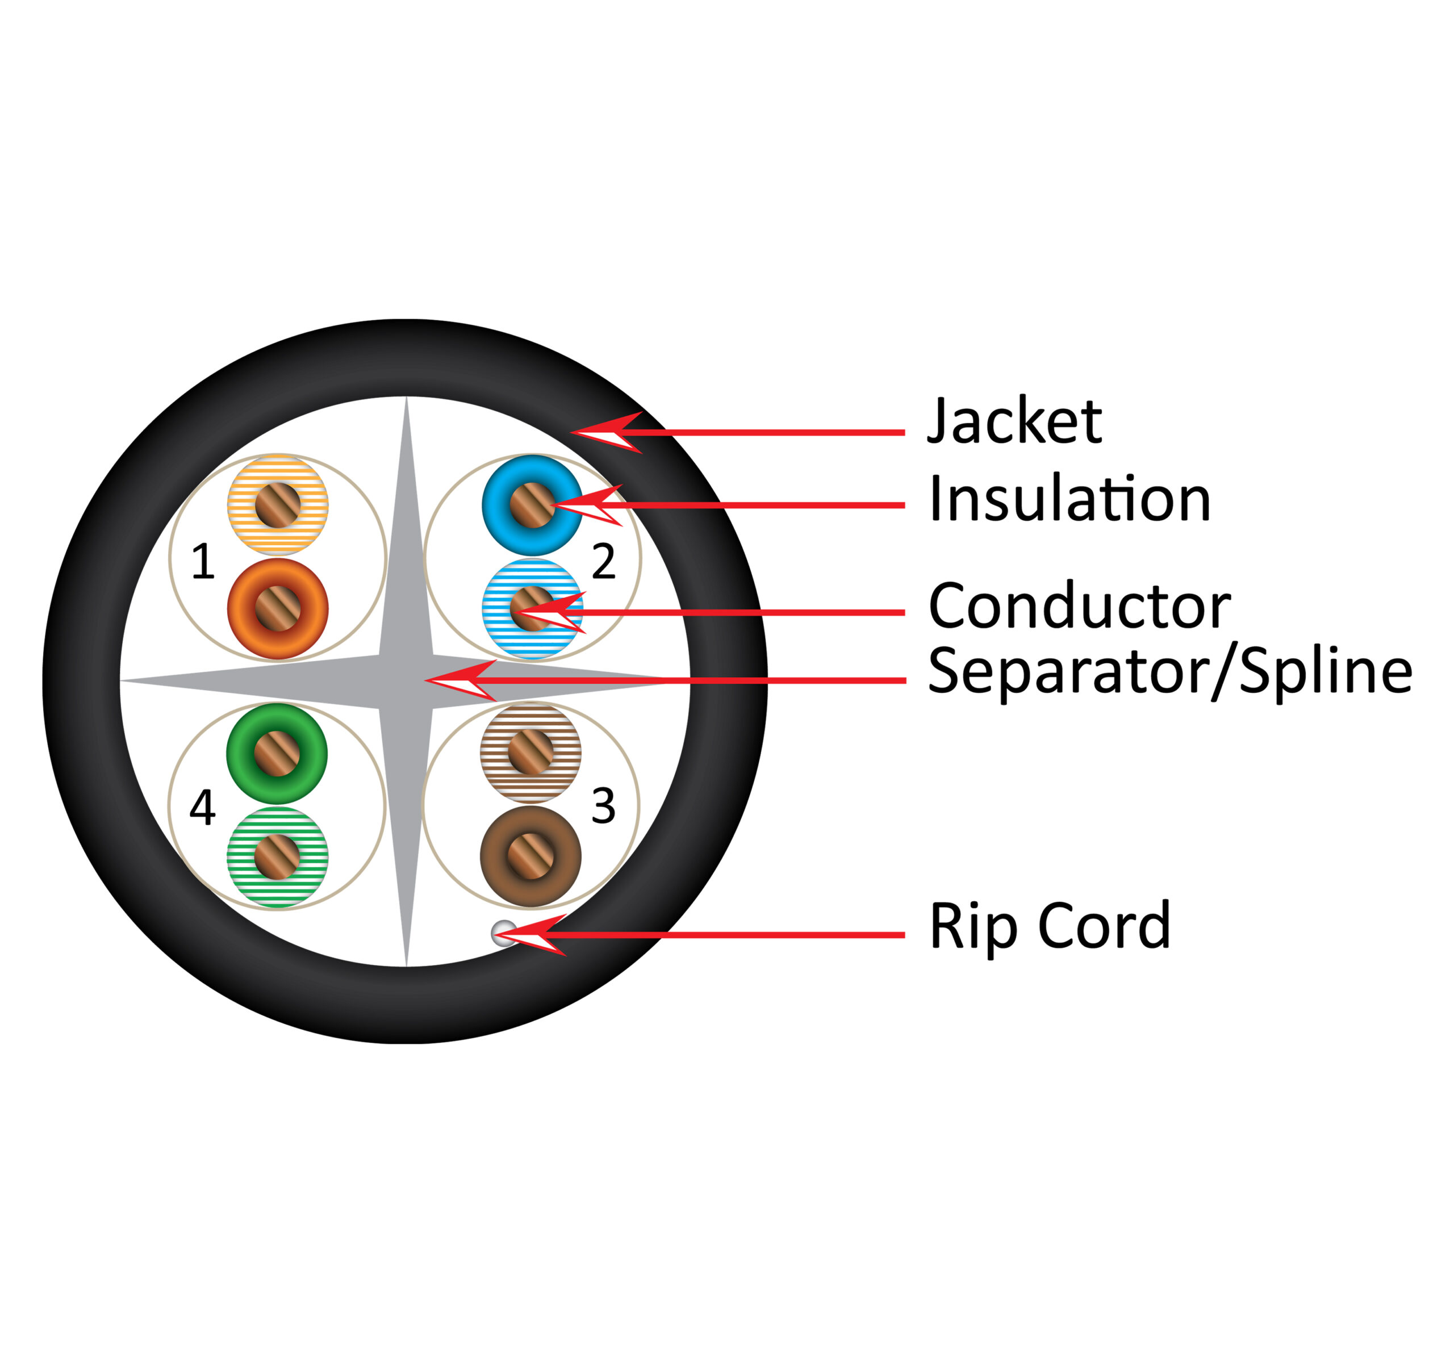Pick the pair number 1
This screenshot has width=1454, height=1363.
click(x=203, y=562)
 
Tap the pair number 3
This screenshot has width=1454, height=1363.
click(x=603, y=806)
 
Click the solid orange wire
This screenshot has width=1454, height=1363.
click(x=277, y=609)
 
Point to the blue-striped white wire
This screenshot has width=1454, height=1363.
click(x=532, y=609)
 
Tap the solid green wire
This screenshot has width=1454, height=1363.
click(x=277, y=753)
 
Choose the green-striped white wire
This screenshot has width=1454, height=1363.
click(x=277, y=856)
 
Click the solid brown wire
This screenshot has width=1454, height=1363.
click(x=530, y=856)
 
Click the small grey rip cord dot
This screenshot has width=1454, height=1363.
click(x=503, y=933)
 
